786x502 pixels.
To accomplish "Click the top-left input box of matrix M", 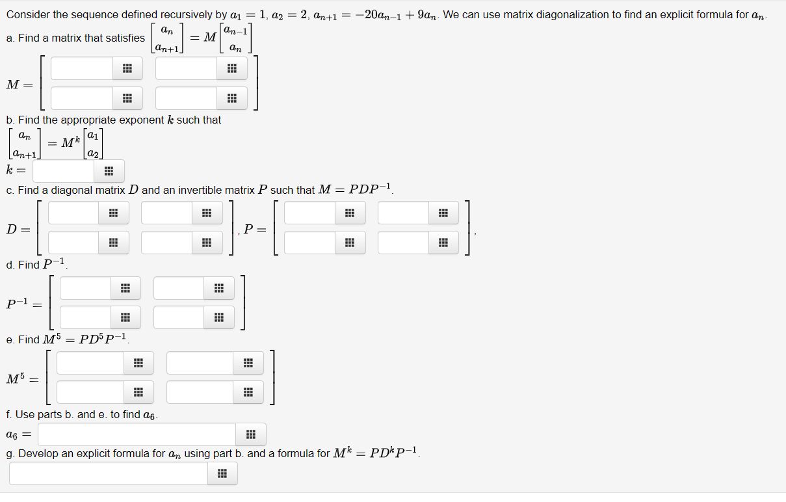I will pos(82,68).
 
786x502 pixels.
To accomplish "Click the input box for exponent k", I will pos(64,172).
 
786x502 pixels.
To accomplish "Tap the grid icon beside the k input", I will pos(109,172).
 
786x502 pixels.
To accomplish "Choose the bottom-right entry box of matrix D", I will pos(166,243).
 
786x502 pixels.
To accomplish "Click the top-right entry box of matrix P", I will pos(403,213).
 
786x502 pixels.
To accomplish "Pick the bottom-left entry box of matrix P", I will pos(309,243).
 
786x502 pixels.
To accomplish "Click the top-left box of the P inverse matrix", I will pos(86,288).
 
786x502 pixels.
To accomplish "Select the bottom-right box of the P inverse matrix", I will pos(179,317).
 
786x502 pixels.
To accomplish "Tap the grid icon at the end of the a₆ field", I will pos(251,434).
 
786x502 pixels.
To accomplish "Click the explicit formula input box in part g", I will pos(108,473).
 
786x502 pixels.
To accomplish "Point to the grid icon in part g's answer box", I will pos(222,473).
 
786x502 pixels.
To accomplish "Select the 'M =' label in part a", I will pos(20,85).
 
